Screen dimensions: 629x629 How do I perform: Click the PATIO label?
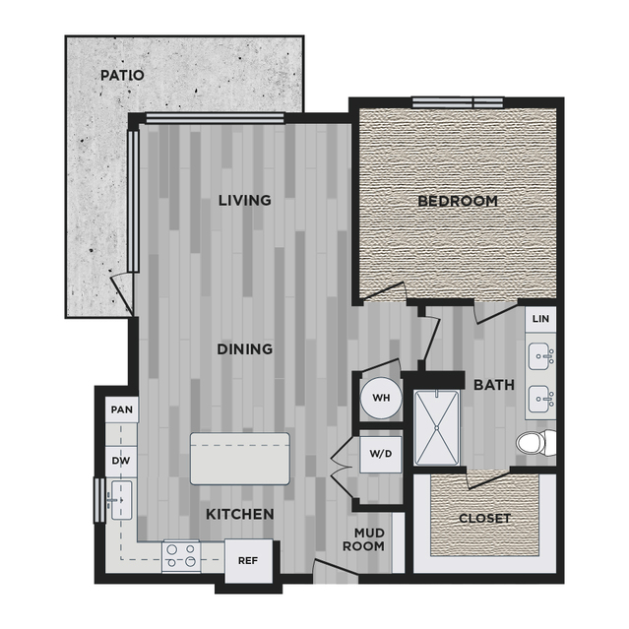(x=122, y=75)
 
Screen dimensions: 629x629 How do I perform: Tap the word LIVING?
(x=245, y=200)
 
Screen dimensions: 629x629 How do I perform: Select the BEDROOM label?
(x=458, y=201)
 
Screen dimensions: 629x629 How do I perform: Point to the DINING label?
(x=245, y=349)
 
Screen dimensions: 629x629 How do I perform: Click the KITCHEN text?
(x=240, y=514)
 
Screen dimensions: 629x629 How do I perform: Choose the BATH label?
(x=494, y=385)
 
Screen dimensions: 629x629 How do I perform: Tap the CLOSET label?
(x=484, y=519)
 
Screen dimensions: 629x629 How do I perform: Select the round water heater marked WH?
(x=381, y=398)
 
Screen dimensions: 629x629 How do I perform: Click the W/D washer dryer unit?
(x=381, y=455)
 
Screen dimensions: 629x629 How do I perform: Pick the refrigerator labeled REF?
(x=248, y=561)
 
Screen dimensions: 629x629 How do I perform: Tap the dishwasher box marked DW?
(x=121, y=462)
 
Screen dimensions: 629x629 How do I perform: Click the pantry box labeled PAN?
(x=122, y=409)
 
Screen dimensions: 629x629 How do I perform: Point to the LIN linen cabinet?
(x=540, y=319)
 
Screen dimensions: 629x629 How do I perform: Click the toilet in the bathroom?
(x=536, y=443)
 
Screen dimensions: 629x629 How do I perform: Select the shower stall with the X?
(x=436, y=428)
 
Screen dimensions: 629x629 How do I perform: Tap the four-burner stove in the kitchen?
(x=181, y=556)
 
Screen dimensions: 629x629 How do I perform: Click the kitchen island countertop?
(x=240, y=459)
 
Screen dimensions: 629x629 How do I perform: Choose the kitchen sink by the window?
(x=120, y=500)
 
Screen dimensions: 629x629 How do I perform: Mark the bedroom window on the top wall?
(x=458, y=102)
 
